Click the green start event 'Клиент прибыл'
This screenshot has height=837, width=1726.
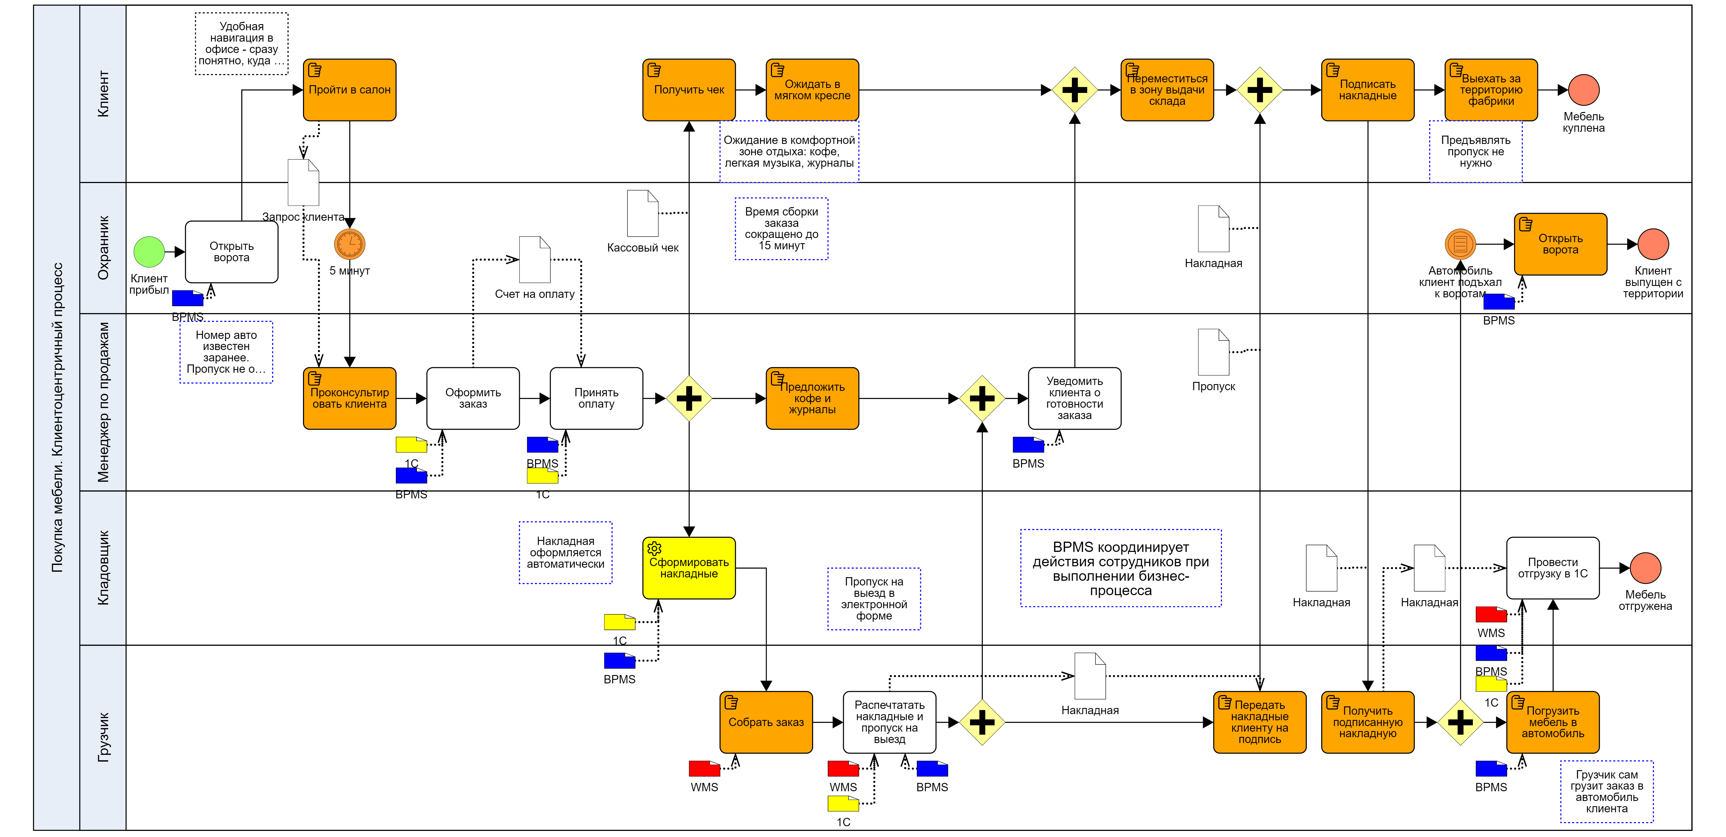(149, 252)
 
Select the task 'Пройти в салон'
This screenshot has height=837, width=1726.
(349, 90)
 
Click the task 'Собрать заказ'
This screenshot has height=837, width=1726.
(766, 722)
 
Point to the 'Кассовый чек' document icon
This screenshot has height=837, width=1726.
(642, 213)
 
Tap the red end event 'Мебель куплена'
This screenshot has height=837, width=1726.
(1583, 90)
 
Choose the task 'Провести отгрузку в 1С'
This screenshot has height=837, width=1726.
(1552, 568)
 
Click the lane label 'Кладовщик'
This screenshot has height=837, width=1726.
(103, 568)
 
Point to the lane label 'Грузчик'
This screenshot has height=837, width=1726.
(103, 737)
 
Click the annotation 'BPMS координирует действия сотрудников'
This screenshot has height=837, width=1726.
(1120, 568)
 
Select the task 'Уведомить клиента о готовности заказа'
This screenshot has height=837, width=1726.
(1074, 398)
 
